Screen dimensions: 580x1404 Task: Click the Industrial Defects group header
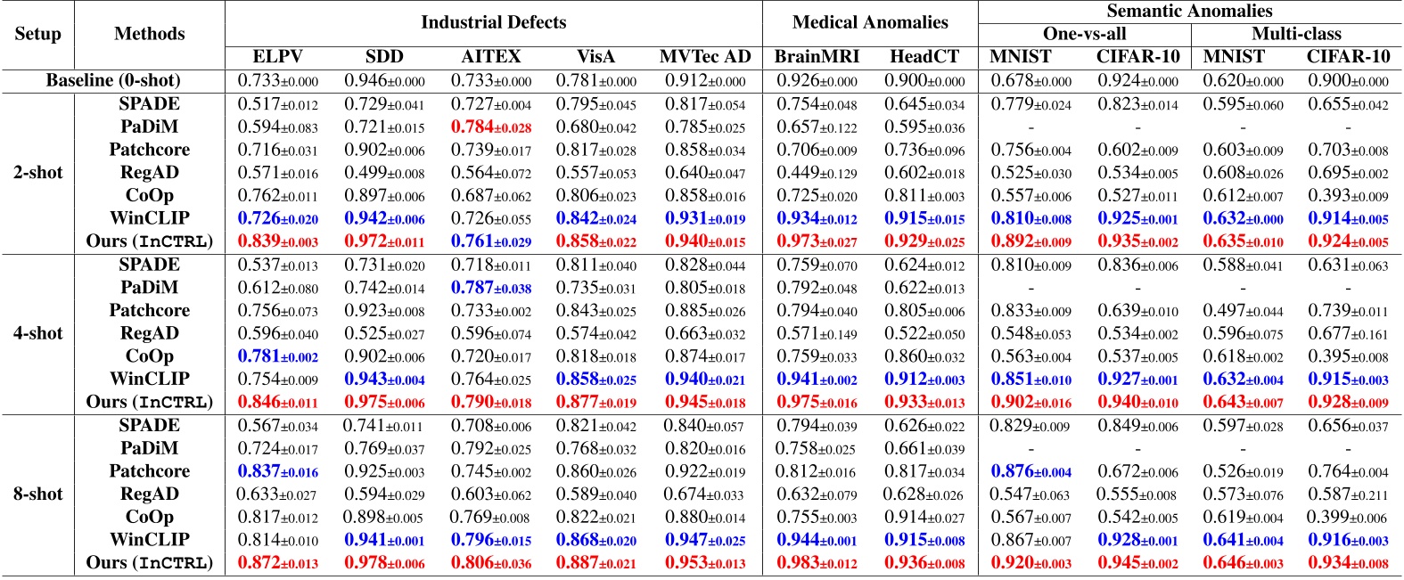pyautogui.click(x=493, y=22)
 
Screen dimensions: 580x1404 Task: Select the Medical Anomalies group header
pyautogui.click(x=869, y=22)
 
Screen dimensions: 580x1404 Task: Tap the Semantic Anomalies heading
pyautogui.click(x=1189, y=11)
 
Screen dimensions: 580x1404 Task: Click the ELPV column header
pyautogui.click(x=278, y=57)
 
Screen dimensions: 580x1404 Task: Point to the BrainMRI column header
pyautogui.click(x=817, y=57)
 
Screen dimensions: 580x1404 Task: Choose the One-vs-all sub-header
pyautogui.click(x=1084, y=34)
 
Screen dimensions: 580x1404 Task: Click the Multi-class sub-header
pyautogui.click(x=1296, y=34)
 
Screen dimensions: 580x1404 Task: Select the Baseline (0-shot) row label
pyautogui.click(x=113, y=81)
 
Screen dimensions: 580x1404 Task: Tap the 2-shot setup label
pyautogui.click(x=37, y=173)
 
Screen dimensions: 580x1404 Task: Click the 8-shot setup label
pyautogui.click(x=37, y=494)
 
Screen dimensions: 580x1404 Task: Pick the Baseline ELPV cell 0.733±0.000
pyautogui.click(x=278, y=81)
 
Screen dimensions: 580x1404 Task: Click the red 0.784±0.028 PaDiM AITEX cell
pyautogui.click(x=491, y=127)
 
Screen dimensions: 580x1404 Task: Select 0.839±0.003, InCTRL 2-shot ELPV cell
pyautogui.click(x=278, y=241)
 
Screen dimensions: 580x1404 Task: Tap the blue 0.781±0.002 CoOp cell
pyautogui.click(x=278, y=356)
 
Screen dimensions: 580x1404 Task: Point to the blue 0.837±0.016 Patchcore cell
pyautogui.click(x=278, y=471)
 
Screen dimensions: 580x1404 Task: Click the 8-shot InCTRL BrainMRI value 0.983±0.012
pyautogui.click(x=817, y=563)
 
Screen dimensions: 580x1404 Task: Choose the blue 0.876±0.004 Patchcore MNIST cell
pyautogui.click(x=1031, y=471)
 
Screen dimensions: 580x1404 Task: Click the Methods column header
pyautogui.click(x=150, y=34)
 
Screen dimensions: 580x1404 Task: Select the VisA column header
pyautogui.click(x=595, y=57)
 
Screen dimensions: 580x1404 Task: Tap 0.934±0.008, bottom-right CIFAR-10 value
pyautogui.click(x=1348, y=563)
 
